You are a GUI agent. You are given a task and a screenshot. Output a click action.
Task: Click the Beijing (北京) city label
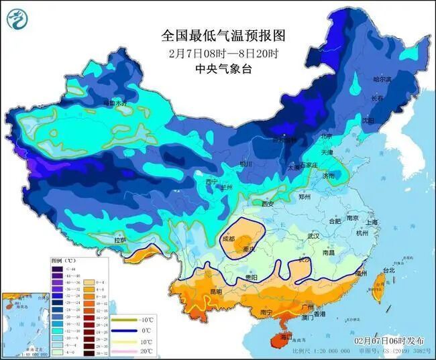point(326,136)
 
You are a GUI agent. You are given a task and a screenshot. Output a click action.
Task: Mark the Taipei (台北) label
point(388,270)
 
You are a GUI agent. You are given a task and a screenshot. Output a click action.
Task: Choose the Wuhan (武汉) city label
point(313,236)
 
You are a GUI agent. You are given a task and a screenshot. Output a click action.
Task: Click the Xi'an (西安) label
point(268,204)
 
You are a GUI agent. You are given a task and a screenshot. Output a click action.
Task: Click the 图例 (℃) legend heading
point(64,259)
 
